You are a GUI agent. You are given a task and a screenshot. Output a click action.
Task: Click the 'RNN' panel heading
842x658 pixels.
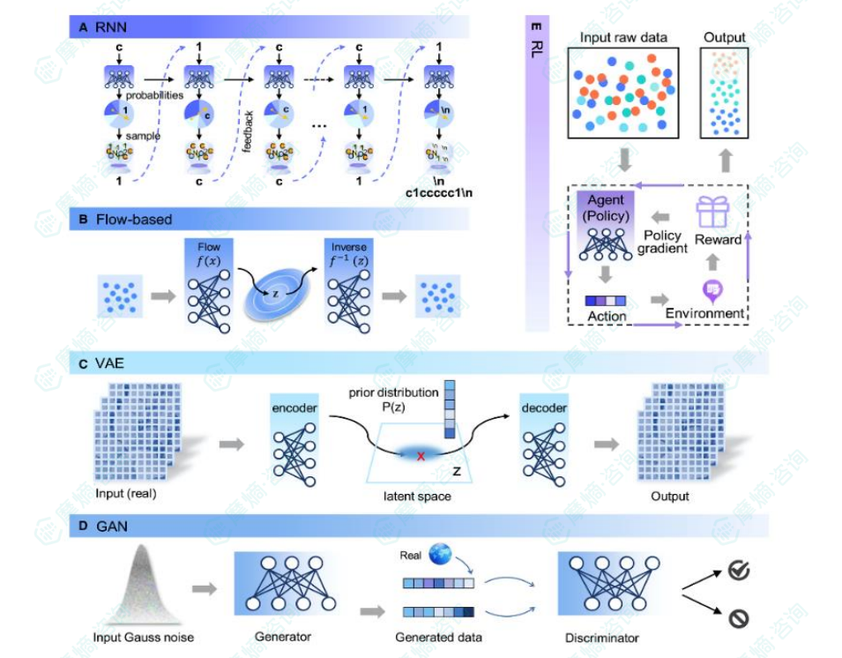click(105, 27)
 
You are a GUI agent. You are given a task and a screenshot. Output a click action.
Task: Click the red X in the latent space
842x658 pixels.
click(421, 456)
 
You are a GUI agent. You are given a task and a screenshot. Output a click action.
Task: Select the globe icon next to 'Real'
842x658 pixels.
click(440, 556)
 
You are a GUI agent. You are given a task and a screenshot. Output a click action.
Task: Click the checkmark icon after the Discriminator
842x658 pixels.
click(739, 572)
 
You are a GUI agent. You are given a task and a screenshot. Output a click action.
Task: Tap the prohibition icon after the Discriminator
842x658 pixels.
click(739, 619)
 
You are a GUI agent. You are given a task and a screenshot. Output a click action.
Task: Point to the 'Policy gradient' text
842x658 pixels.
click(662, 242)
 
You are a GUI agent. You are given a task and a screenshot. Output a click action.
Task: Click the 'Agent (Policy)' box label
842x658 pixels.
click(607, 207)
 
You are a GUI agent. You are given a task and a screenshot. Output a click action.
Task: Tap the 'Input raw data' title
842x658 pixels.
click(622, 38)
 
